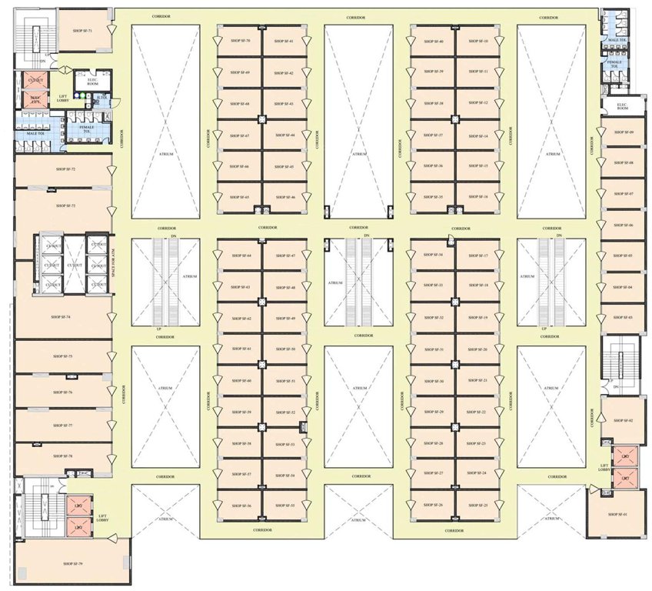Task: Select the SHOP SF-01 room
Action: pos(618,514)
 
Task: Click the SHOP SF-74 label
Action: pos(61,316)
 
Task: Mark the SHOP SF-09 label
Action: pos(624,132)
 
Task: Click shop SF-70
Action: pos(240,41)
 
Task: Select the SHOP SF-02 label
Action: pos(624,421)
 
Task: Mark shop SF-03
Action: pos(624,317)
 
